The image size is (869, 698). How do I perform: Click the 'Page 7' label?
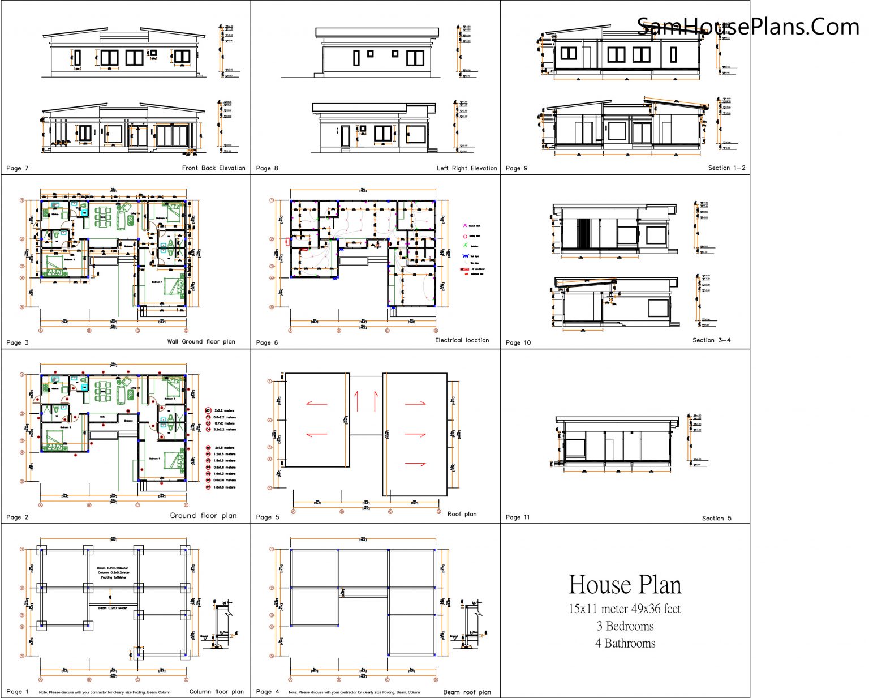18,168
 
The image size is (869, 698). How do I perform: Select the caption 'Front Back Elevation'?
213,168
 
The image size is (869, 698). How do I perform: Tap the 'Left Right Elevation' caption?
467,168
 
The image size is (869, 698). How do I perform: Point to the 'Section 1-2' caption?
726,168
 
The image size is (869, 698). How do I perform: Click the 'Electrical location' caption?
462,340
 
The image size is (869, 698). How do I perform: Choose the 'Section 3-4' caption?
711,340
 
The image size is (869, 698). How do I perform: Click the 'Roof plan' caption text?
462,514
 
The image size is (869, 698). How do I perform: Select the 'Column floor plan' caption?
216,692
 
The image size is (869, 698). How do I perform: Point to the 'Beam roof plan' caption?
467,692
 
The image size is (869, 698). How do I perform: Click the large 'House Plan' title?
625,585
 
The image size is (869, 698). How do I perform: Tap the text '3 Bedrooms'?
625,626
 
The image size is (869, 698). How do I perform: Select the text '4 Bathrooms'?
625,644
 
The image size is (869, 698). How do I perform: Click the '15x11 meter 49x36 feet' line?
625,609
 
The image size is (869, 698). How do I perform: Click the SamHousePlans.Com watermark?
747,27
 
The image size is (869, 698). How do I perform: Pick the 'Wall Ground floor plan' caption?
201,341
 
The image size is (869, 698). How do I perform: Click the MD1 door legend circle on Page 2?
208,410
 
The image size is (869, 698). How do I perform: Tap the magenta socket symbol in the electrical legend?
465,226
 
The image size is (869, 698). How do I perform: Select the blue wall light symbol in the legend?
465,256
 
